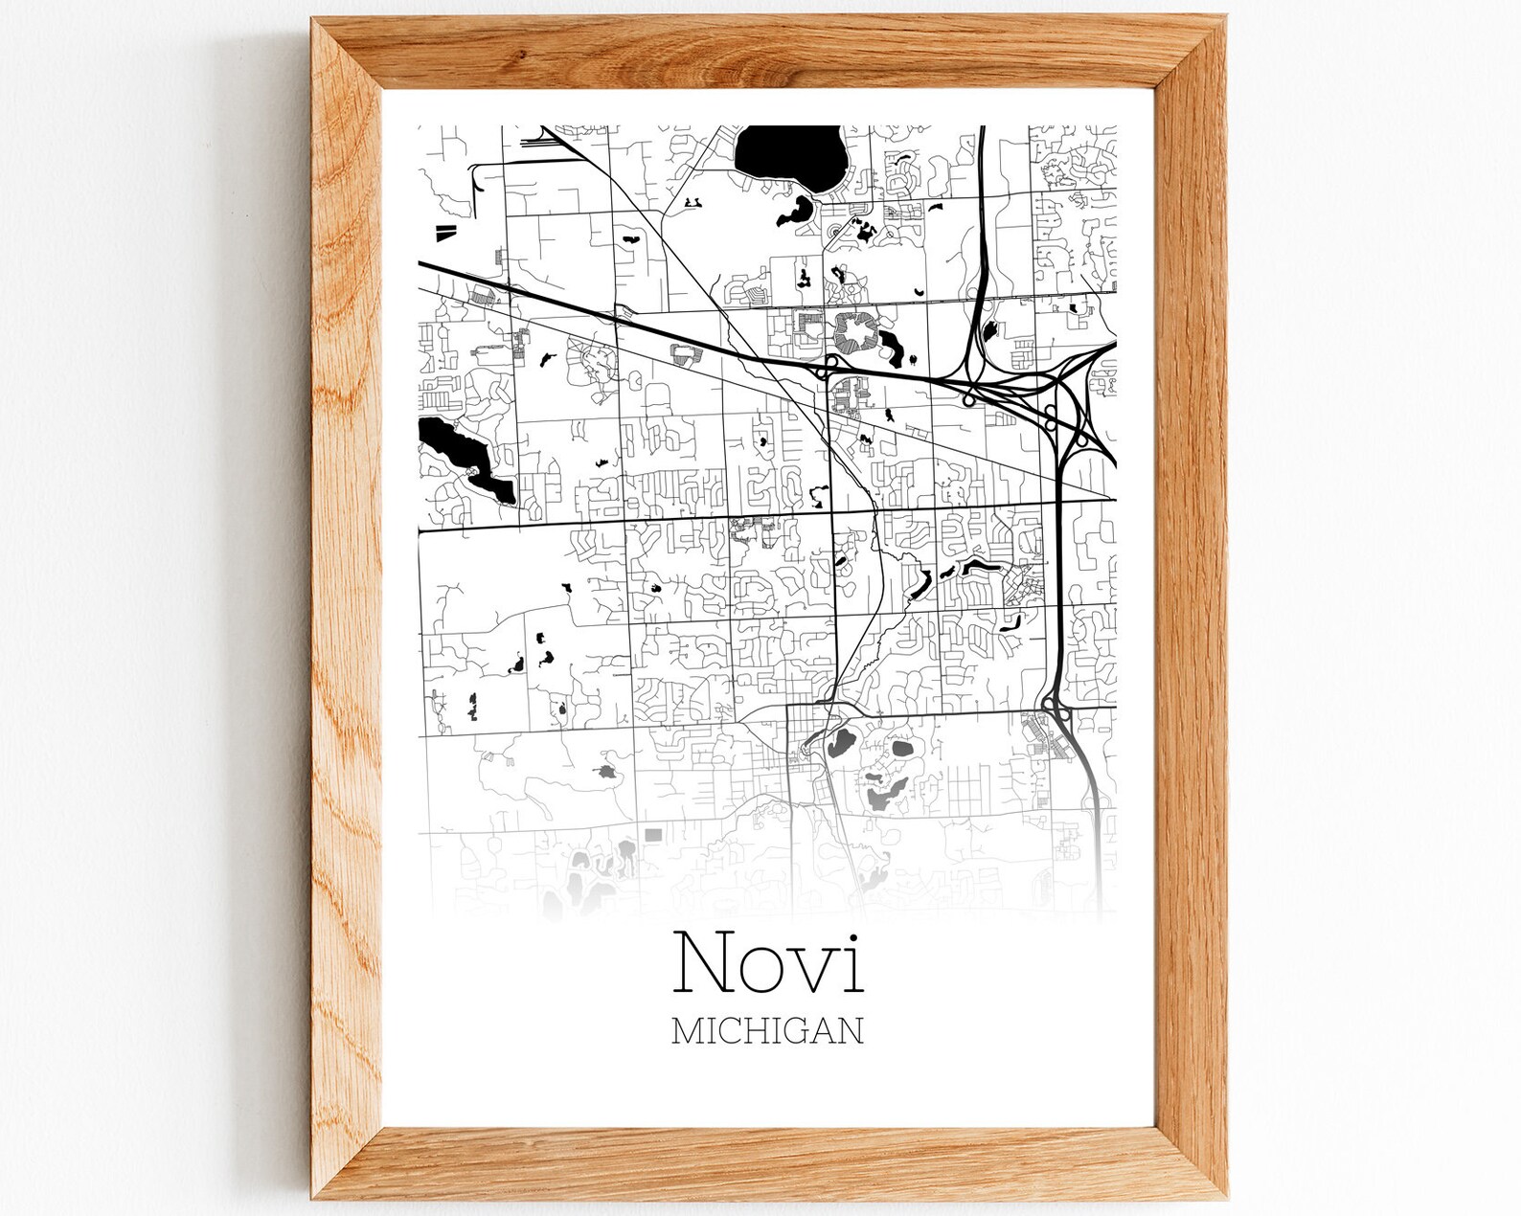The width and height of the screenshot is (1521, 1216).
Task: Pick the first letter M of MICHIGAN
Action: [x=688, y=1030]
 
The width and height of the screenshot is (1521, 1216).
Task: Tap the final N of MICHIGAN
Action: [x=850, y=1030]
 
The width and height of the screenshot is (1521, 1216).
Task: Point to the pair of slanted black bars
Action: [x=446, y=231]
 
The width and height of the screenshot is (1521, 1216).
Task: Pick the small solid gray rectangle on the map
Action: [x=653, y=834]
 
